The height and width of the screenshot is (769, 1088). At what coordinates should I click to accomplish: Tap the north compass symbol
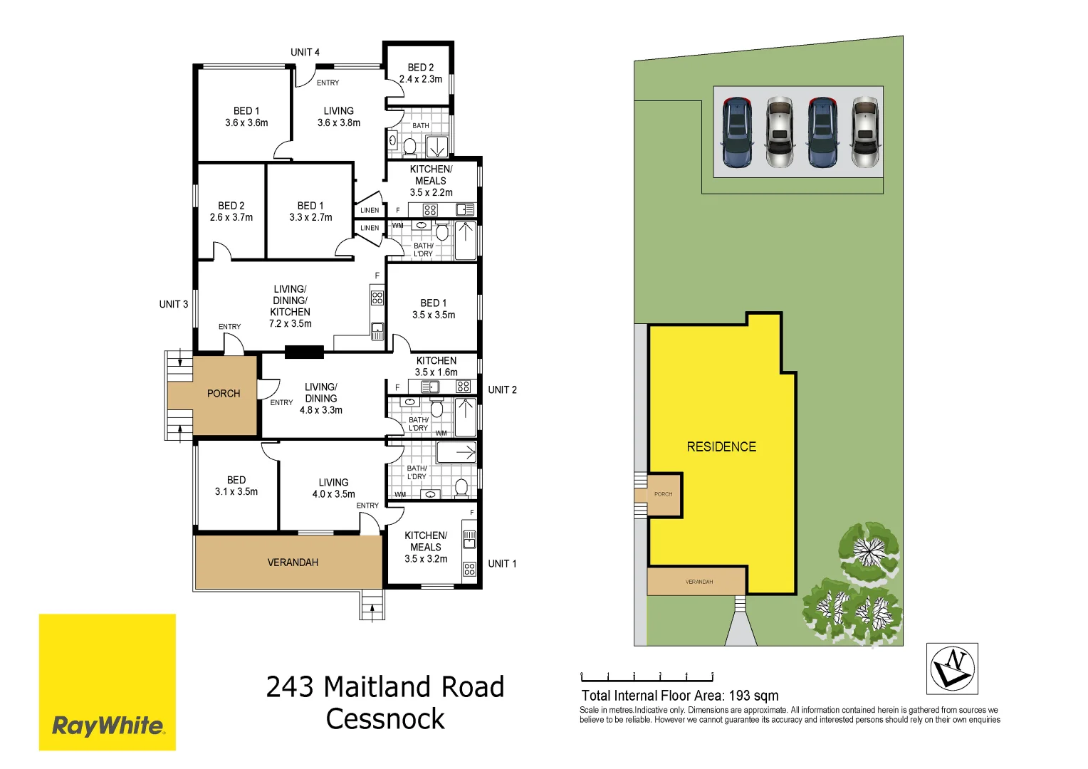pos(952,669)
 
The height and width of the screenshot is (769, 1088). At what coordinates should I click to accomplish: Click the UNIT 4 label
pos(305,52)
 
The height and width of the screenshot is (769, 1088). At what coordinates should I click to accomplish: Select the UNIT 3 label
pos(174,304)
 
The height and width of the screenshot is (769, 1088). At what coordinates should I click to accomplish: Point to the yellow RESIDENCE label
pos(721,446)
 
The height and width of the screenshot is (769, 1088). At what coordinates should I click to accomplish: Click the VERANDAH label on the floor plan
pos(293,563)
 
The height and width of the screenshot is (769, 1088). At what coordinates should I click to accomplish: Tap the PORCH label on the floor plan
pos(224,393)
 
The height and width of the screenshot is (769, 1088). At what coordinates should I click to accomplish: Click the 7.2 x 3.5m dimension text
pos(290,323)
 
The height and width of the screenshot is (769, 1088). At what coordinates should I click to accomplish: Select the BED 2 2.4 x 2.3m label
pos(421,73)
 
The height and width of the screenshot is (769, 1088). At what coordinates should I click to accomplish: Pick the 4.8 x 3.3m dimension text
pos(321,410)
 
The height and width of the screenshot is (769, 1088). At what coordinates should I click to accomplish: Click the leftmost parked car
pos(736,132)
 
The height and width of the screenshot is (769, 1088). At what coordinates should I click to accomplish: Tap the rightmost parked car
pos(865,132)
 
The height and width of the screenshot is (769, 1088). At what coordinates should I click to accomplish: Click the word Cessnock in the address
pos(385,719)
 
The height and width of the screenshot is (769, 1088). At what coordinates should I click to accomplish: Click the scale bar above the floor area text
pos(647,676)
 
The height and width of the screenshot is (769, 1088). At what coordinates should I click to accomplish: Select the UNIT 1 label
pos(502,563)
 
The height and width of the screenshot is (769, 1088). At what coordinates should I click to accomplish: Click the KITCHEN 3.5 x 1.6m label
pos(436,366)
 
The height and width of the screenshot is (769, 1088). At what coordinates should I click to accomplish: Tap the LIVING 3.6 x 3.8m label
pos(339,117)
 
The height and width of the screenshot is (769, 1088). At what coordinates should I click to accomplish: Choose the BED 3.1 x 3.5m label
pos(236,486)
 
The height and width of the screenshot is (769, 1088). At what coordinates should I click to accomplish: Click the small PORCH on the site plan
pos(664,494)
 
